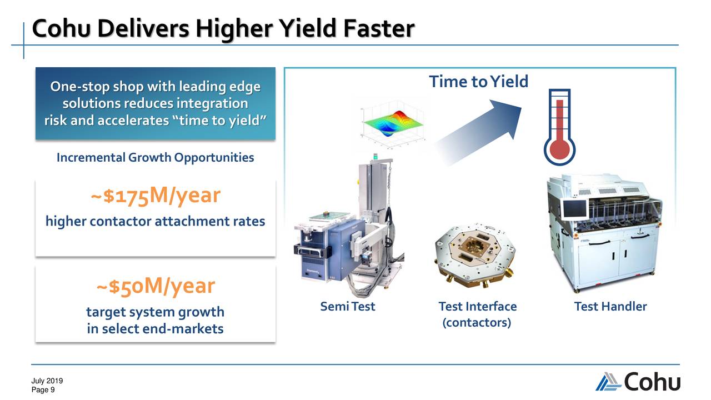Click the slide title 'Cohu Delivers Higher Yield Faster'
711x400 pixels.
coord(222,29)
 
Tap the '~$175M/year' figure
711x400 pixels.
coord(155,196)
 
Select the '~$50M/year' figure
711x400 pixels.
coord(155,286)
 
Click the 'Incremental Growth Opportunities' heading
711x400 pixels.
coord(155,158)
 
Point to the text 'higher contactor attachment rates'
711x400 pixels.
coord(155,222)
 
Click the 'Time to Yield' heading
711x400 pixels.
coord(478,82)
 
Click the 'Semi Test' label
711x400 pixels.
coord(348,307)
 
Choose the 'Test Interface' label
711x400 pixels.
coord(477,307)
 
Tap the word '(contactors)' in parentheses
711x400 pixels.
coord(477,323)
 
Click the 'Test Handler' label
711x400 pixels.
coord(610,307)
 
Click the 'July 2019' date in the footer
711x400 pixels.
coord(47,381)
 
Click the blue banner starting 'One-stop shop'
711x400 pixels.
coord(155,104)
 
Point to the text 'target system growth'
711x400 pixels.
coord(155,312)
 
